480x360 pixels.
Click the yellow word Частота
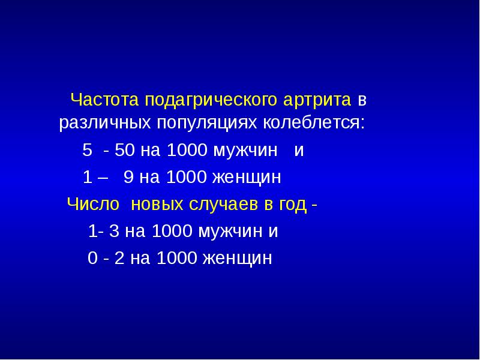(97, 98)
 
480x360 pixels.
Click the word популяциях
(206, 124)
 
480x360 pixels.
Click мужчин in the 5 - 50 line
(245, 150)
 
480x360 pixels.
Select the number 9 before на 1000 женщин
(128, 177)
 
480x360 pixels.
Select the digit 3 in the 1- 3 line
(113, 231)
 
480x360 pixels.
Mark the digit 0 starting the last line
(92, 258)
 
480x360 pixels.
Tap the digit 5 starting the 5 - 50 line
(86, 150)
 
